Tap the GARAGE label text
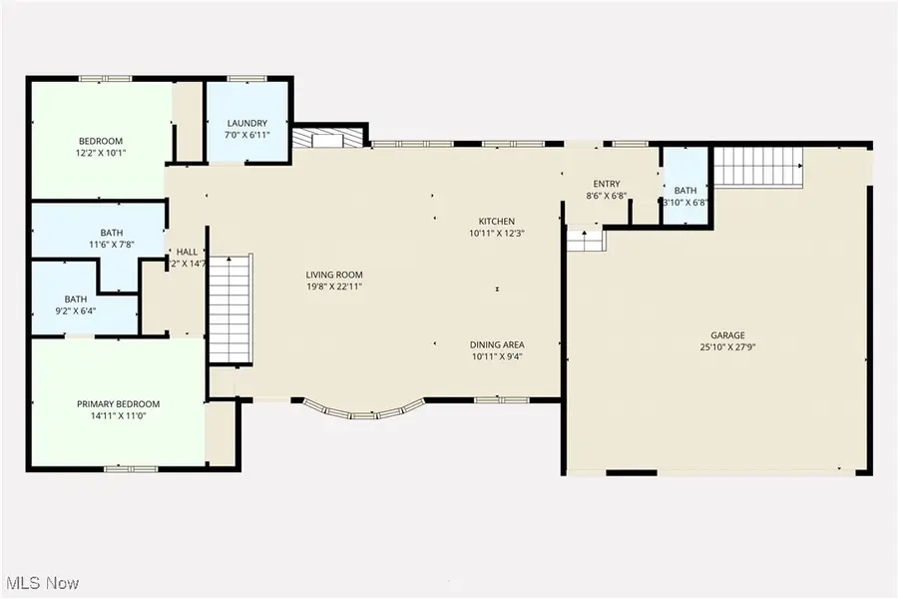coord(727,335)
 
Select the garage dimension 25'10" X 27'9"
coord(727,347)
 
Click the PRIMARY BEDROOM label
coord(119,404)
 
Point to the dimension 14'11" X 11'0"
coord(119,416)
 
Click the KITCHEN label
coord(496,222)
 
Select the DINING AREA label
coord(497,345)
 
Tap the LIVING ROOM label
coord(334,275)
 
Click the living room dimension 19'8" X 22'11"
coord(334,287)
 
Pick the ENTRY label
coord(607,184)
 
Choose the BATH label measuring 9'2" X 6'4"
coord(76,299)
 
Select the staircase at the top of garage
coord(760,166)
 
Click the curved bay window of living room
coord(365,410)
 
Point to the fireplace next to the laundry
coord(329,139)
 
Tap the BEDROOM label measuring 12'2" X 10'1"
coord(101,141)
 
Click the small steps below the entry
coord(587,241)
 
